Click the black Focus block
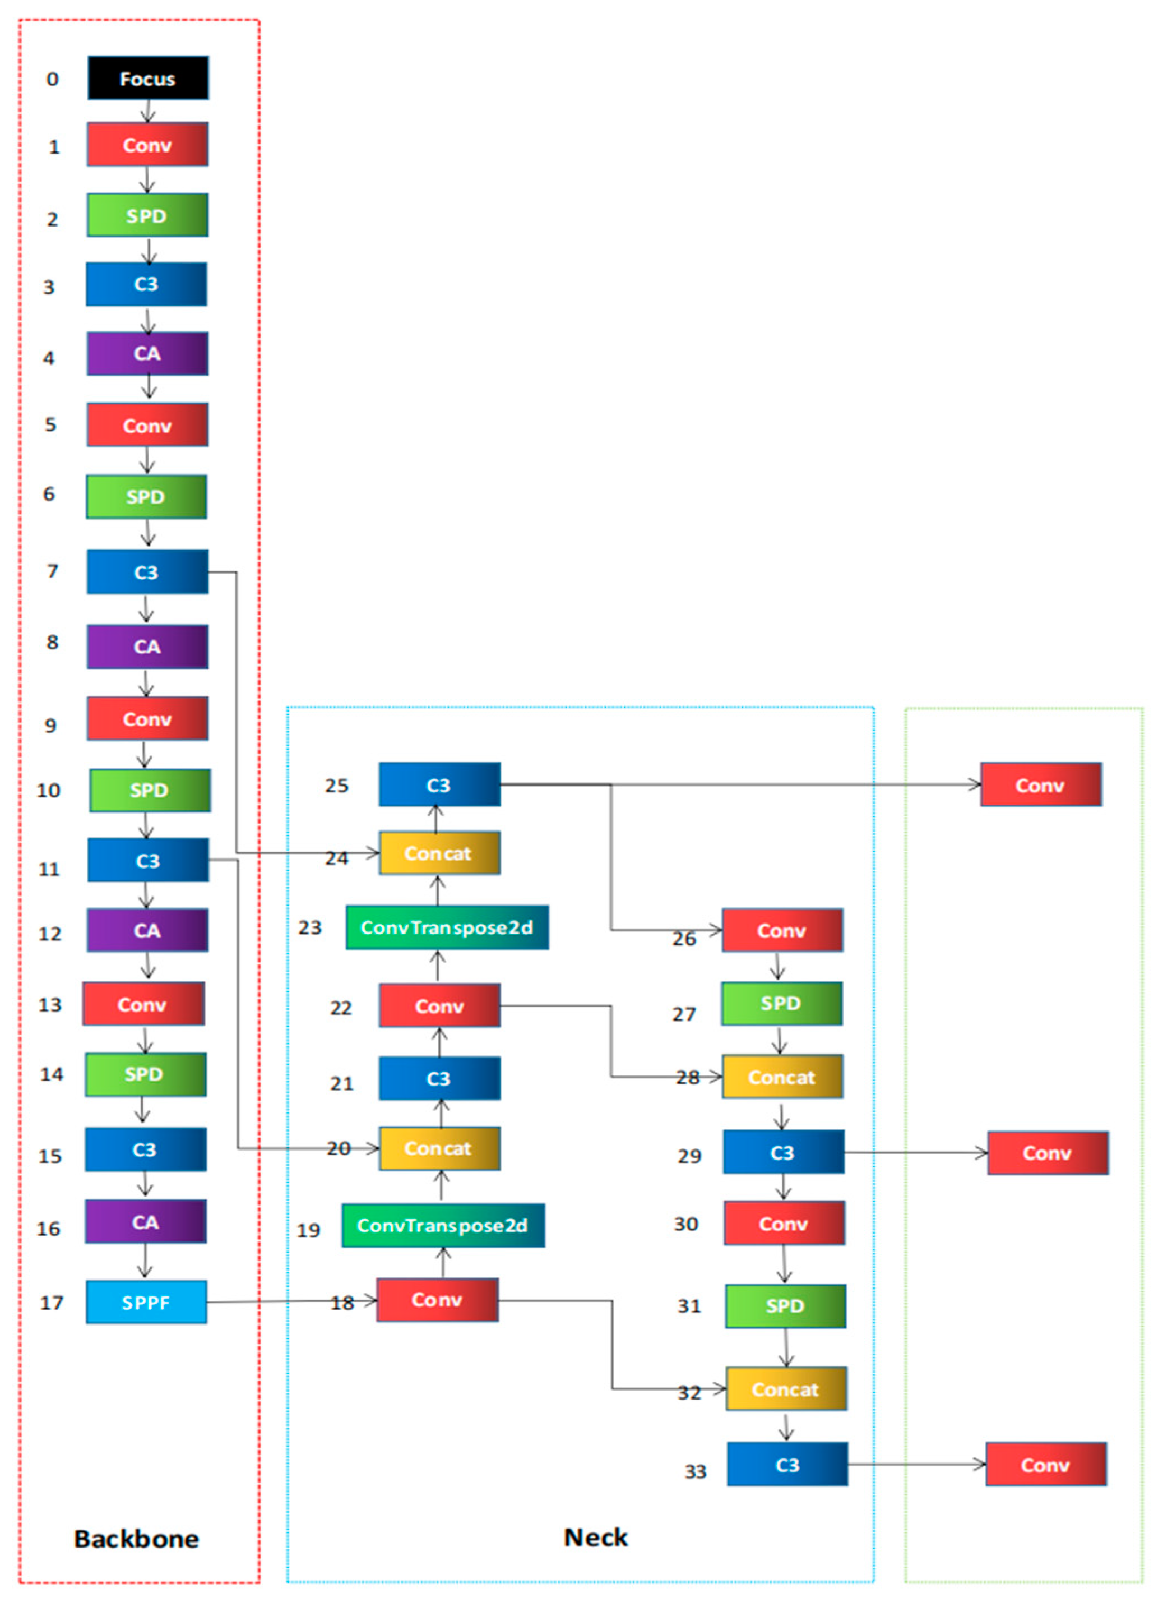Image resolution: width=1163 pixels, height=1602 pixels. [147, 78]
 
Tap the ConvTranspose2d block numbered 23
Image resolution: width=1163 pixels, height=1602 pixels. [446, 927]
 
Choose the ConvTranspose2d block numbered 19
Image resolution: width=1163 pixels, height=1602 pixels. [443, 1225]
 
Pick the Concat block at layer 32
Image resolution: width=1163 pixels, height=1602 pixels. [786, 1389]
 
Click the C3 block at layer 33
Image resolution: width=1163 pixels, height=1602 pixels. [787, 1464]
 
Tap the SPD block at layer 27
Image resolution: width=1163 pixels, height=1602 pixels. [781, 1003]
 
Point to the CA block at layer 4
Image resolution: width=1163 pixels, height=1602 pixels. [147, 353]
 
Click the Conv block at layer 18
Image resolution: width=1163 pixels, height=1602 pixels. [437, 1300]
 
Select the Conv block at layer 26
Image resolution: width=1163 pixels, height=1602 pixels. [782, 930]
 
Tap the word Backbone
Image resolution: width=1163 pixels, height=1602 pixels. [136, 1539]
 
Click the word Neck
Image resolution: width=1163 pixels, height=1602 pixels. [595, 1537]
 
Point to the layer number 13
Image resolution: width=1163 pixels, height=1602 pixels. [49, 1004]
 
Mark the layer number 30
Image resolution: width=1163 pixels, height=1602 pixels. [685, 1224]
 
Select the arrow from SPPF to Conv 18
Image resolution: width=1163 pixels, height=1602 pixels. [290, 1301]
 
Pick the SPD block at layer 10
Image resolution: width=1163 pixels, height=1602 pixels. [150, 790]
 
